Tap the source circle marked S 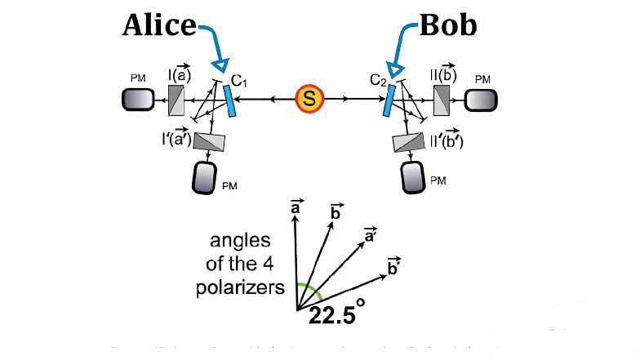(x=309, y=100)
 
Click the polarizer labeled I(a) (x=177, y=100)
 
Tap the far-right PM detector (x=481, y=100)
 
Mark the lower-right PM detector (x=413, y=176)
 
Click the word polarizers (x=246, y=287)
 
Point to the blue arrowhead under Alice (x=219, y=65)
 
